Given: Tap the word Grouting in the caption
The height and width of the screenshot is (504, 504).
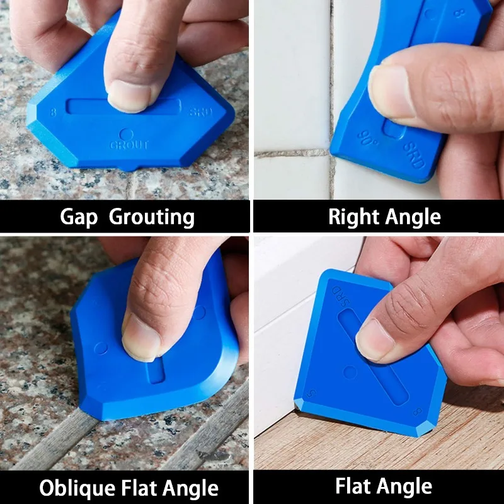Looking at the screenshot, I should pyautogui.click(x=152, y=218).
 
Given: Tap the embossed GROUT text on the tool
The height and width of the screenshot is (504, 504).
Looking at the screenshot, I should pyautogui.click(x=129, y=145).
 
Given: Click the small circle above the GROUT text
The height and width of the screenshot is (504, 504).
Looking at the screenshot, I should pyautogui.click(x=126, y=134).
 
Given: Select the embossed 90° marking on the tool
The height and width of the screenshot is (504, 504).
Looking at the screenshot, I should pyautogui.click(x=367, y=137).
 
